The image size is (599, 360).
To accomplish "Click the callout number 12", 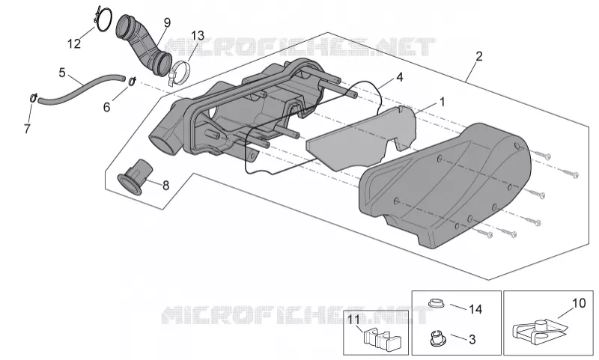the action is point(74,44).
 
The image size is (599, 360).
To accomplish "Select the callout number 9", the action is point(167,23).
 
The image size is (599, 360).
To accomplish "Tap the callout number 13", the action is point(198,36).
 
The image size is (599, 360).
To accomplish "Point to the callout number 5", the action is point(62,73).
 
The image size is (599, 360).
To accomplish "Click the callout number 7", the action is point(27,129).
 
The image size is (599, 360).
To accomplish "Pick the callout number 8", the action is point(165,186).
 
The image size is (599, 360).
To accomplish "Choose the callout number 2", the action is point(479,56).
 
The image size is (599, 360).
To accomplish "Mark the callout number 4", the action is point(400,77).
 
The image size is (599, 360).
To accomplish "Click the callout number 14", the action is point(475,309).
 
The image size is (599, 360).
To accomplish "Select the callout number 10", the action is point(579,303).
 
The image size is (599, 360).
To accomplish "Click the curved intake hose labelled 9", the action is point(144,46).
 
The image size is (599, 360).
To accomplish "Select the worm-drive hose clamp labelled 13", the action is point(180,73).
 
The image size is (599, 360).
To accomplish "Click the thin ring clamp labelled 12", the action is point(103,19).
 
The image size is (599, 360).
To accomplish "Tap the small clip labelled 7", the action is point(33,98).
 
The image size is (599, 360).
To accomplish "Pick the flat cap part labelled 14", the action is point(437,303).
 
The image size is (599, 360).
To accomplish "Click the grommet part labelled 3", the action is point(437,338).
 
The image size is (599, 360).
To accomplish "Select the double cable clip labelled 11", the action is point(382,339).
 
